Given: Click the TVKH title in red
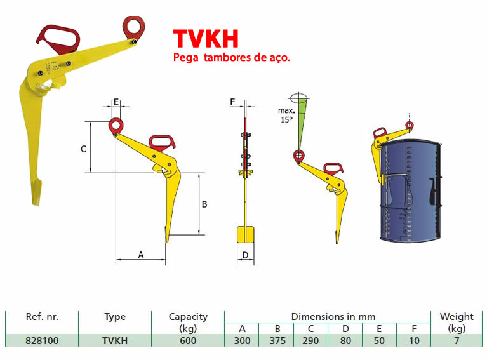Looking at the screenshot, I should coord(206,39).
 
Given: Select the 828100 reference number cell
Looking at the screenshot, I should coord(42,340).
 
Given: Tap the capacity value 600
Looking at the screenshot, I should coord(188,340).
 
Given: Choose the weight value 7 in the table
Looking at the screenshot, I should coord(457,340).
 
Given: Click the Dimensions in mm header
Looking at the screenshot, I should coord(333,316).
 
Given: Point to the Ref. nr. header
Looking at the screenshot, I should coord(42,316).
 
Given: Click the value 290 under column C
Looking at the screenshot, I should coord(310,340).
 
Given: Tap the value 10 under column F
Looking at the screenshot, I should coord(413,340).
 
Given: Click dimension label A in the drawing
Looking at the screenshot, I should coord(141,255).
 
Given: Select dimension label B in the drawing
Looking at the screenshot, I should coord(204,204).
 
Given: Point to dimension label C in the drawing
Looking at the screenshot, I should coord(83,149).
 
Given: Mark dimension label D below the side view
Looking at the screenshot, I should coord(244,255).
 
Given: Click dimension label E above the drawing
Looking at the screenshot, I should coord(116,102).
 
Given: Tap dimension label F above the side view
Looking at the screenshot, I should coord(232,102).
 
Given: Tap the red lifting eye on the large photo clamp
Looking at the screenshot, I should coord(134,27).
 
